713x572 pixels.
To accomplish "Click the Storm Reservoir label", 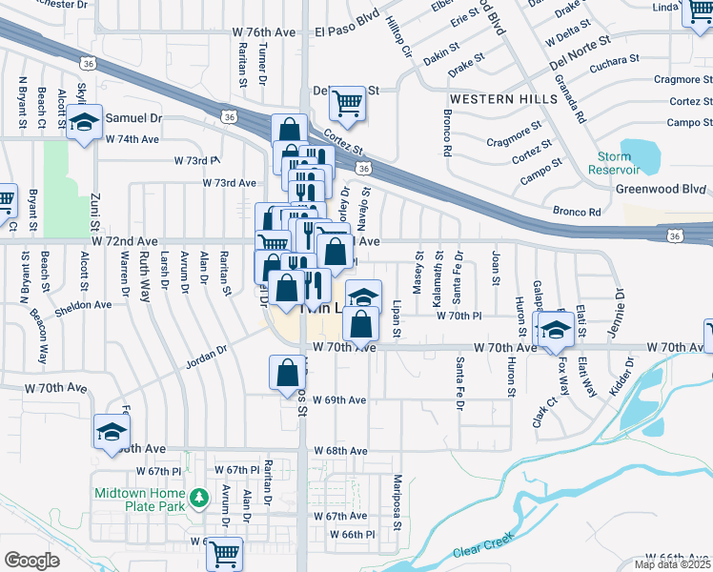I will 614,163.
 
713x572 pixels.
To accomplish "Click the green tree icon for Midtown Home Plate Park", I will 198,498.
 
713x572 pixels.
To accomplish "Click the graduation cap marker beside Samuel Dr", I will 84,122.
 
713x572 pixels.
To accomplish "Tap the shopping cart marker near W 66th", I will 225,551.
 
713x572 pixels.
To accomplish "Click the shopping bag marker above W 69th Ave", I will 287,374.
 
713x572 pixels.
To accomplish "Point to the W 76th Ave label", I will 264,31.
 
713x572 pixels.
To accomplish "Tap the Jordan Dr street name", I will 207,351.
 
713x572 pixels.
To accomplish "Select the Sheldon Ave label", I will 83,305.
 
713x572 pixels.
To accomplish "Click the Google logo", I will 31,561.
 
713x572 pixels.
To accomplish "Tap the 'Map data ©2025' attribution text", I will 672,564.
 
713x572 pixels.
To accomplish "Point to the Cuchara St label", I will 615,59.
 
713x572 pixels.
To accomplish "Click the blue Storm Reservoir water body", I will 642,153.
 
